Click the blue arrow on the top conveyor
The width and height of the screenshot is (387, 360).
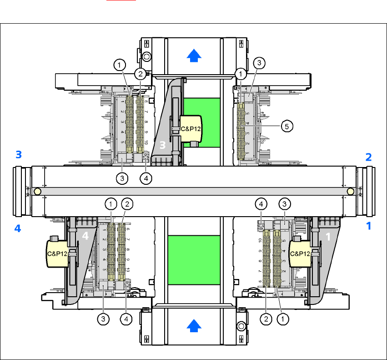(x=194, y=55)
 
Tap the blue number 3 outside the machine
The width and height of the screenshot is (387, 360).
(x=18, y=155)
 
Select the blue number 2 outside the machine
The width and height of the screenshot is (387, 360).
(x=369, y=157)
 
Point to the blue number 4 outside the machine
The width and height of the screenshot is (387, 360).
(x=18, y=228)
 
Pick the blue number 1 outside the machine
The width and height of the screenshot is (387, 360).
(x=369, y=226)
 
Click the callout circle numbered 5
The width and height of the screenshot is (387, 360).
(x=286, y=127)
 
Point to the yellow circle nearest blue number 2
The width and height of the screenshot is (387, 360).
(x=350, y=192)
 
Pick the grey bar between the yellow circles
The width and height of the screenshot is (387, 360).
(x=194, y=192)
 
